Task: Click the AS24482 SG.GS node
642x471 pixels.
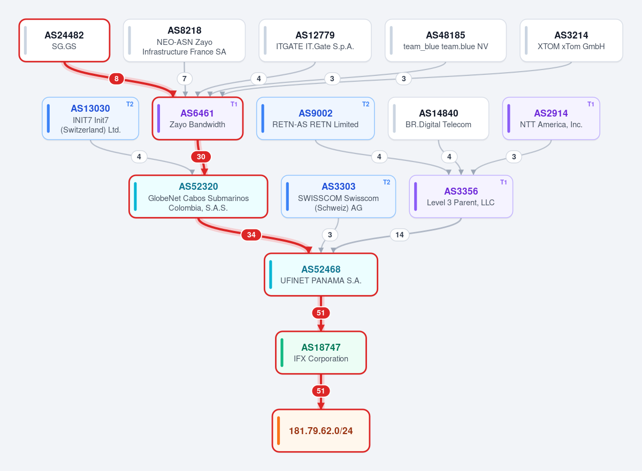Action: pos(64,41)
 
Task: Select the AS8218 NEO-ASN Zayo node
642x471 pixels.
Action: pos(184,41)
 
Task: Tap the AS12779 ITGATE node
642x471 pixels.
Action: pos(315,41)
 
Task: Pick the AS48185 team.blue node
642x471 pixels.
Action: pos(446,41)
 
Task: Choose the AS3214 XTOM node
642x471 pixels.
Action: pos(571,41)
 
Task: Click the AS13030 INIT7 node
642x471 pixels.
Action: pos(90,119)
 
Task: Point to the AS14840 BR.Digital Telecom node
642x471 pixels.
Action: pos(438,119)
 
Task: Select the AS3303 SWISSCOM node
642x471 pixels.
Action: pos(338,197)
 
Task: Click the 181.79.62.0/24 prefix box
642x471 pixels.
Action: pos(320,431)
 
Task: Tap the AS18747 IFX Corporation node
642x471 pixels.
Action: pos(320,353)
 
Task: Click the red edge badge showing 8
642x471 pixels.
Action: pos(117,79)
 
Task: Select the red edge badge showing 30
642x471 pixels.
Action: pos(201,157)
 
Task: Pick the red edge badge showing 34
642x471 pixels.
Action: pos(251,235)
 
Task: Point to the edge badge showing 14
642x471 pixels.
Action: pos(400,235)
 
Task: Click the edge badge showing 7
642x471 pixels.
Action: pos(184,79)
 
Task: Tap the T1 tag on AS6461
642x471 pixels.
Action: pos(234,104)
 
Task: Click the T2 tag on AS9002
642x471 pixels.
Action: pos(365,104)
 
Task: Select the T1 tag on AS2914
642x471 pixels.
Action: pos(591,104)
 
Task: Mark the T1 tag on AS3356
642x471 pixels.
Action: pos(503,182)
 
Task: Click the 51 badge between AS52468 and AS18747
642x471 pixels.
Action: pos(320,313)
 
